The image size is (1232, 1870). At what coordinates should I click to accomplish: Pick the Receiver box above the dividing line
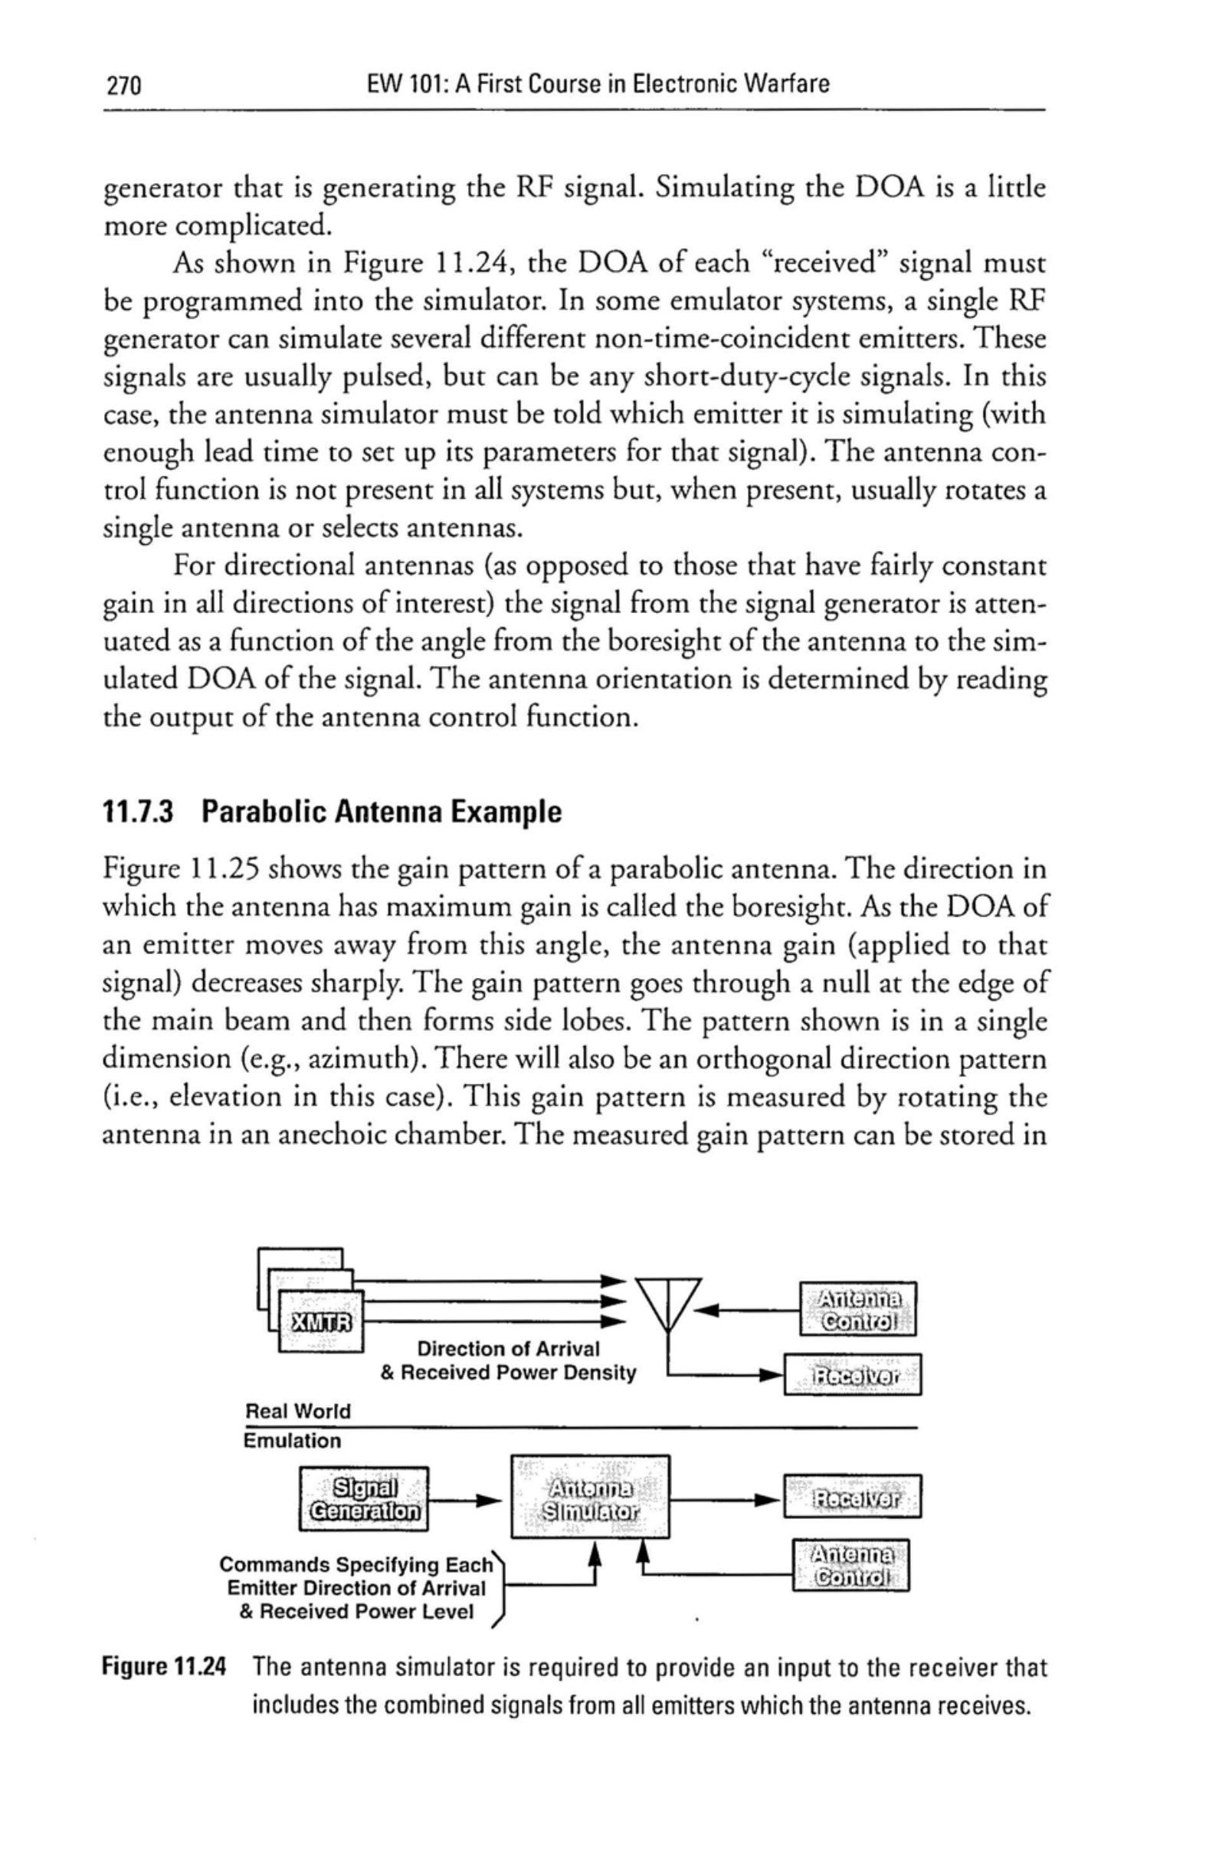(853, 1374)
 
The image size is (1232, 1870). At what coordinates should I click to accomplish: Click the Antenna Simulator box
(590, 1498)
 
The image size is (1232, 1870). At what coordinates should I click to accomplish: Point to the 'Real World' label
(298, 1411)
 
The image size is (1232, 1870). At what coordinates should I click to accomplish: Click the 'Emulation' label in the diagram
(292, 1441)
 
